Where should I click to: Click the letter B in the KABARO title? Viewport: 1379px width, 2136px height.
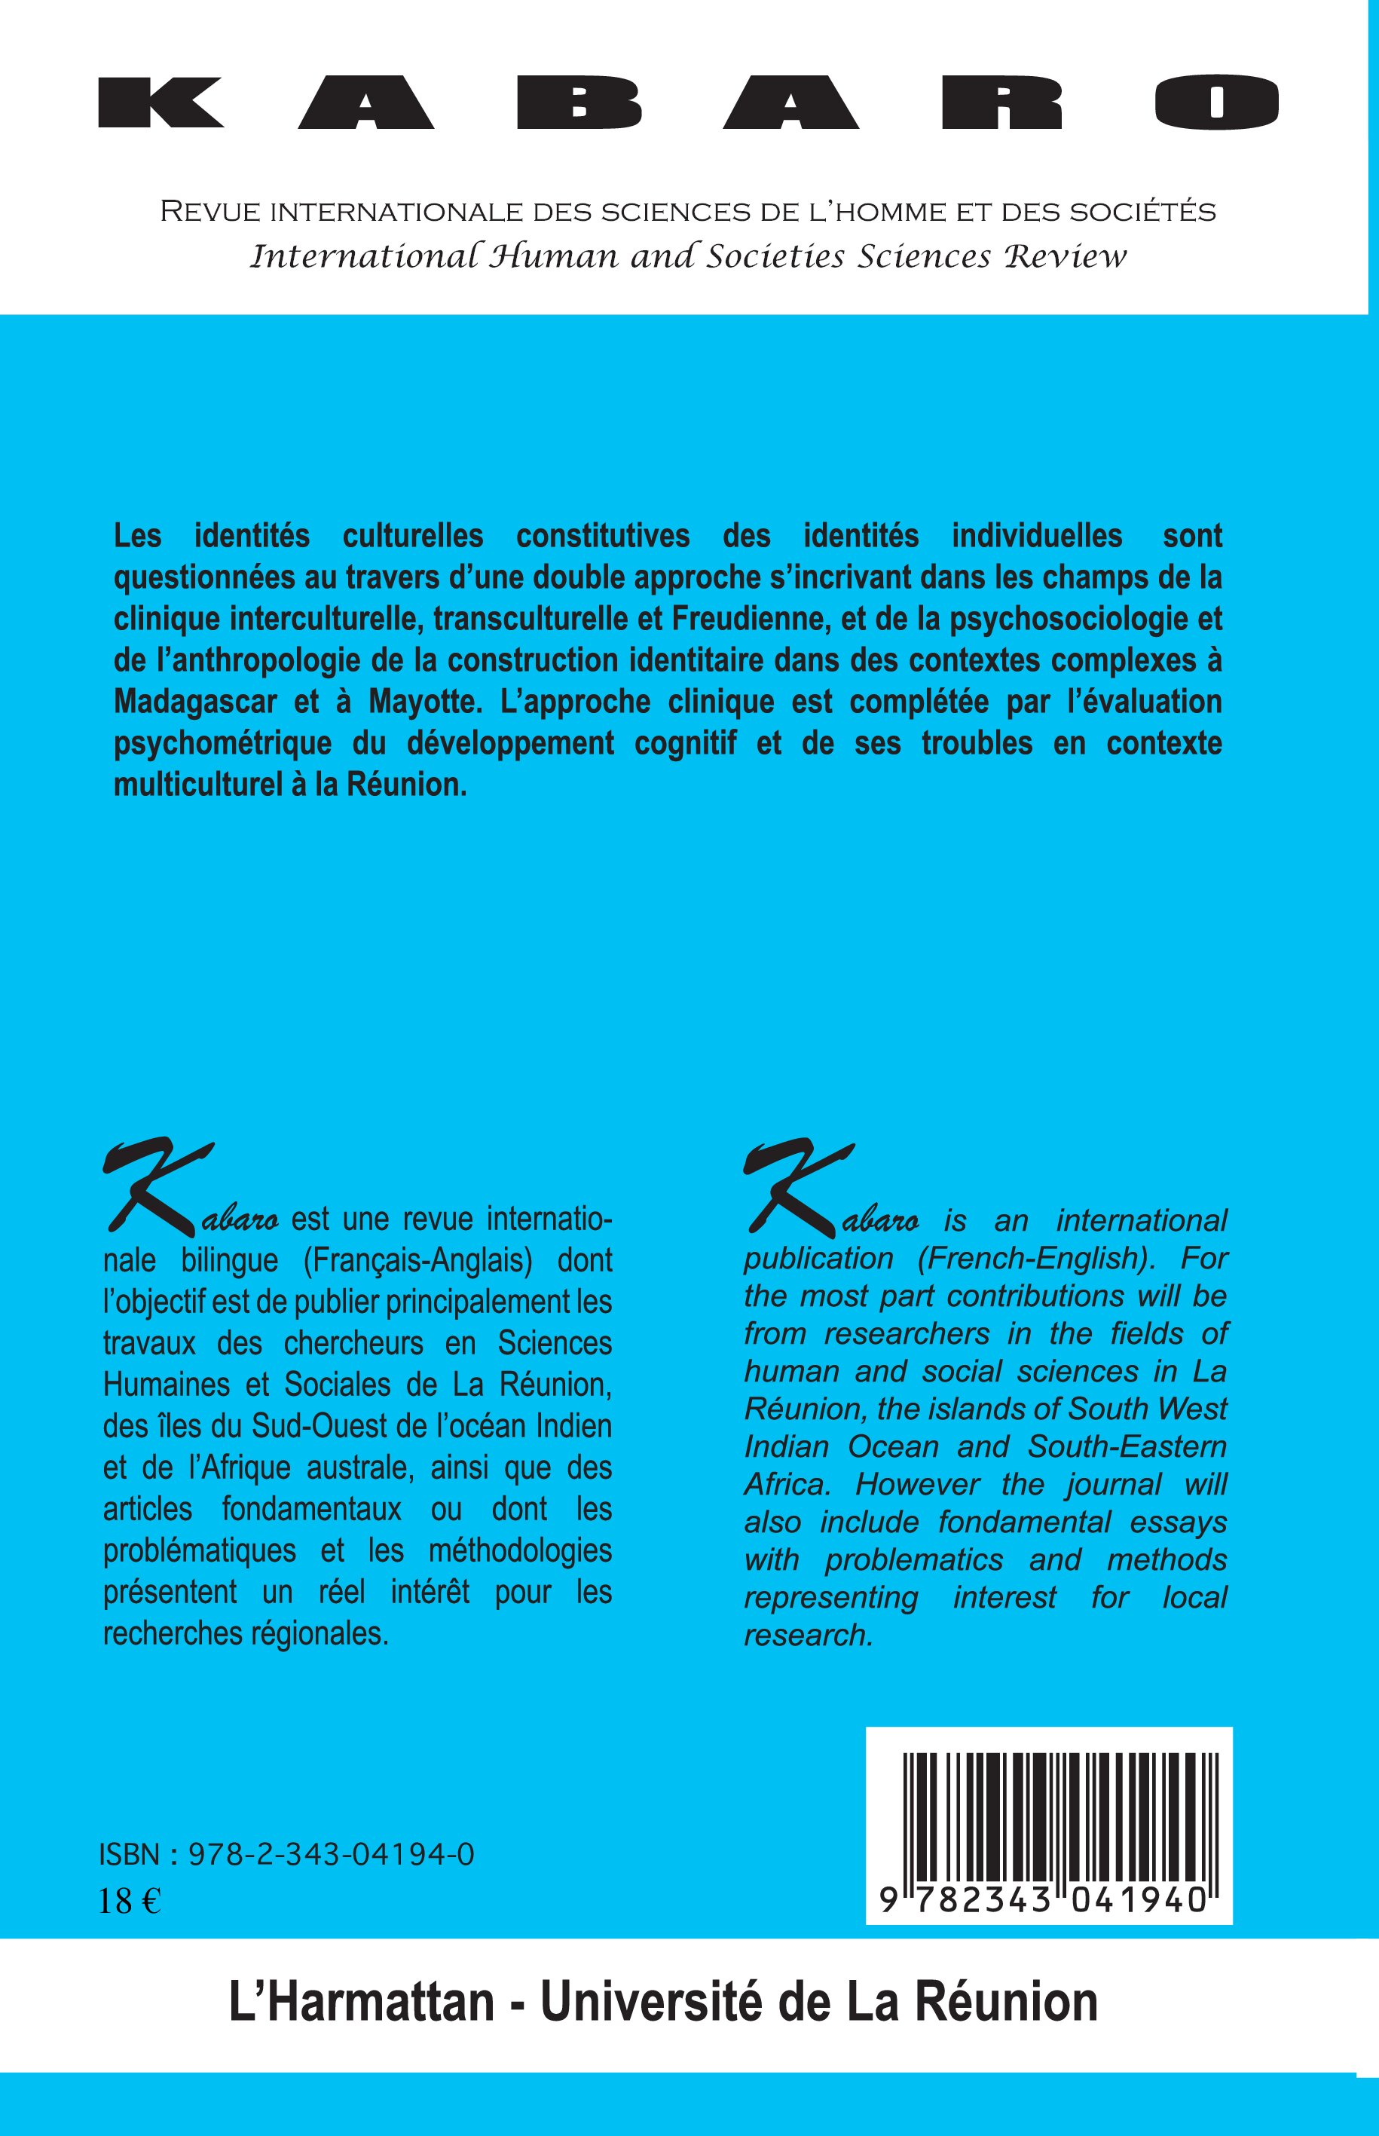579,103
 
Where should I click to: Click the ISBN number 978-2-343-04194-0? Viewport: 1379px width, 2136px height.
332,1856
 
